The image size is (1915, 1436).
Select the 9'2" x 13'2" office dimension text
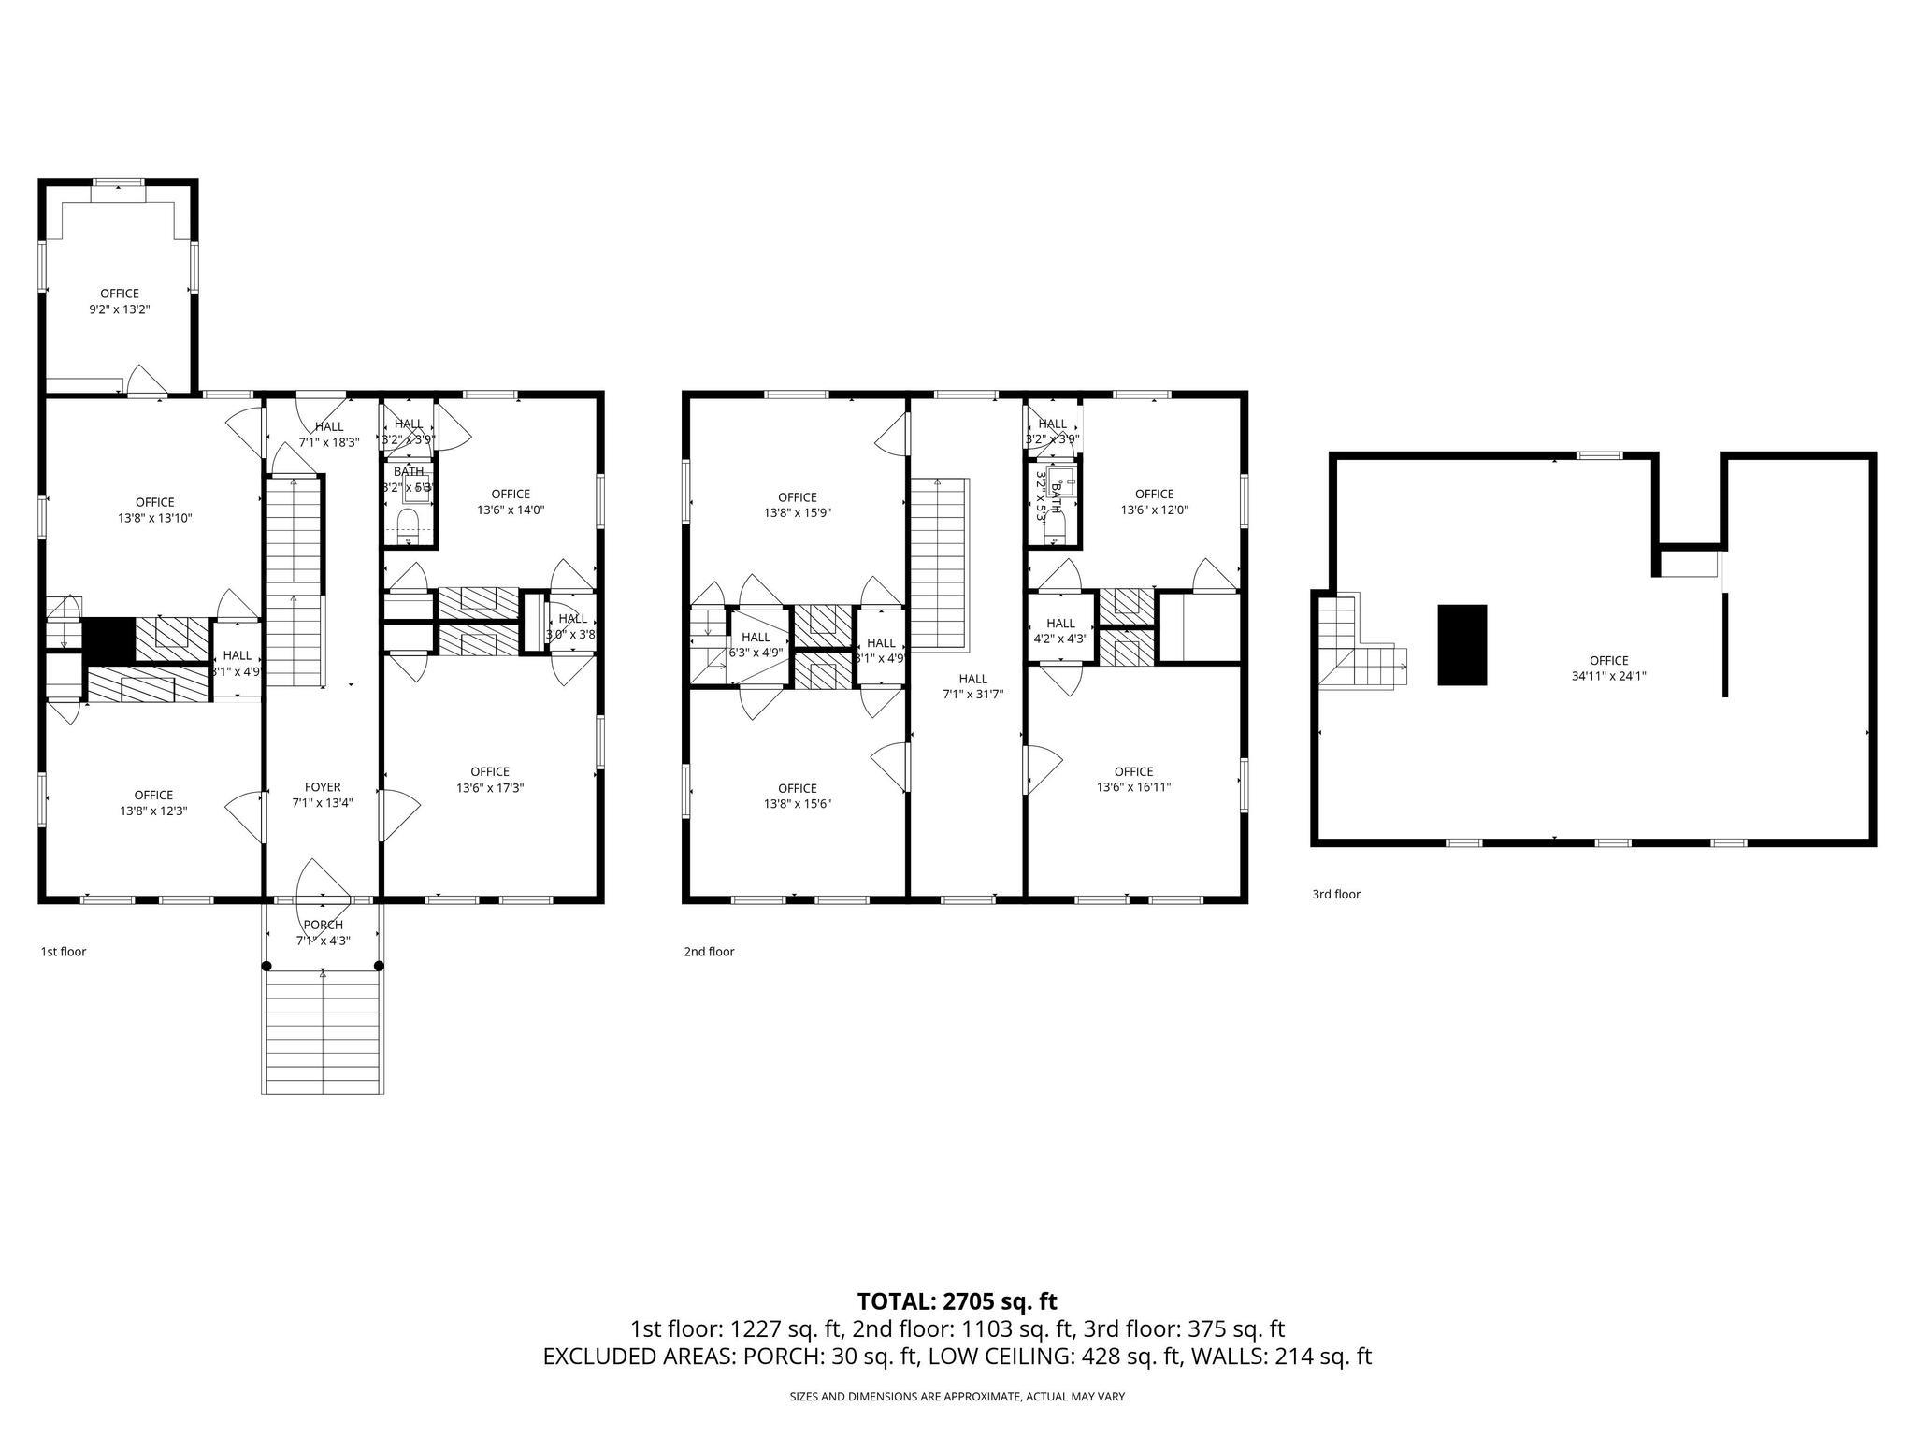pos(120,309)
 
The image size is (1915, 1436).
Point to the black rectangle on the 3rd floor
pos(1461,645)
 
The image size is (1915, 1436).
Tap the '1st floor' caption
pos(64,952)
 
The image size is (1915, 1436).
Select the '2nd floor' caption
pos(709,952)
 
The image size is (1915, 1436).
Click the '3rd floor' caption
pos(1335,894)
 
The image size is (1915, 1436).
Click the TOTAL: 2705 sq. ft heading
pos(957,1301)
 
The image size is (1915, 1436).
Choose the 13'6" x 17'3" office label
pos(490,780)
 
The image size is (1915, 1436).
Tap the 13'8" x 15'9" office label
pos(797,505)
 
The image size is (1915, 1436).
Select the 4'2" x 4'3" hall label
pos(1060,631)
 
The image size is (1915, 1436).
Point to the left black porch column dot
pos(266,966)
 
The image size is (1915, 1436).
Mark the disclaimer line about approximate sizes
pos(957,1397)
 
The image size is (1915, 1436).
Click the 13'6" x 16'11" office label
pos(1133,779)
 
